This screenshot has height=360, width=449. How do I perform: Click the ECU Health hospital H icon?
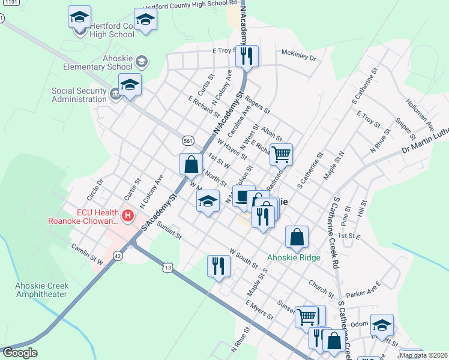coord(127,215)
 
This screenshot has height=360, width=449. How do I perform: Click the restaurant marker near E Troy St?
coord(247,56)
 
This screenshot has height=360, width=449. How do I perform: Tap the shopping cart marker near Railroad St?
coord(281,154)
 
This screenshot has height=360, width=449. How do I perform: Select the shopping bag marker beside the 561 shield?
coord(191,164)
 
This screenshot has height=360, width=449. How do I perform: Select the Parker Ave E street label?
coord(363,286)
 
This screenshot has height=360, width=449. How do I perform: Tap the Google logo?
coord(20,353)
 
